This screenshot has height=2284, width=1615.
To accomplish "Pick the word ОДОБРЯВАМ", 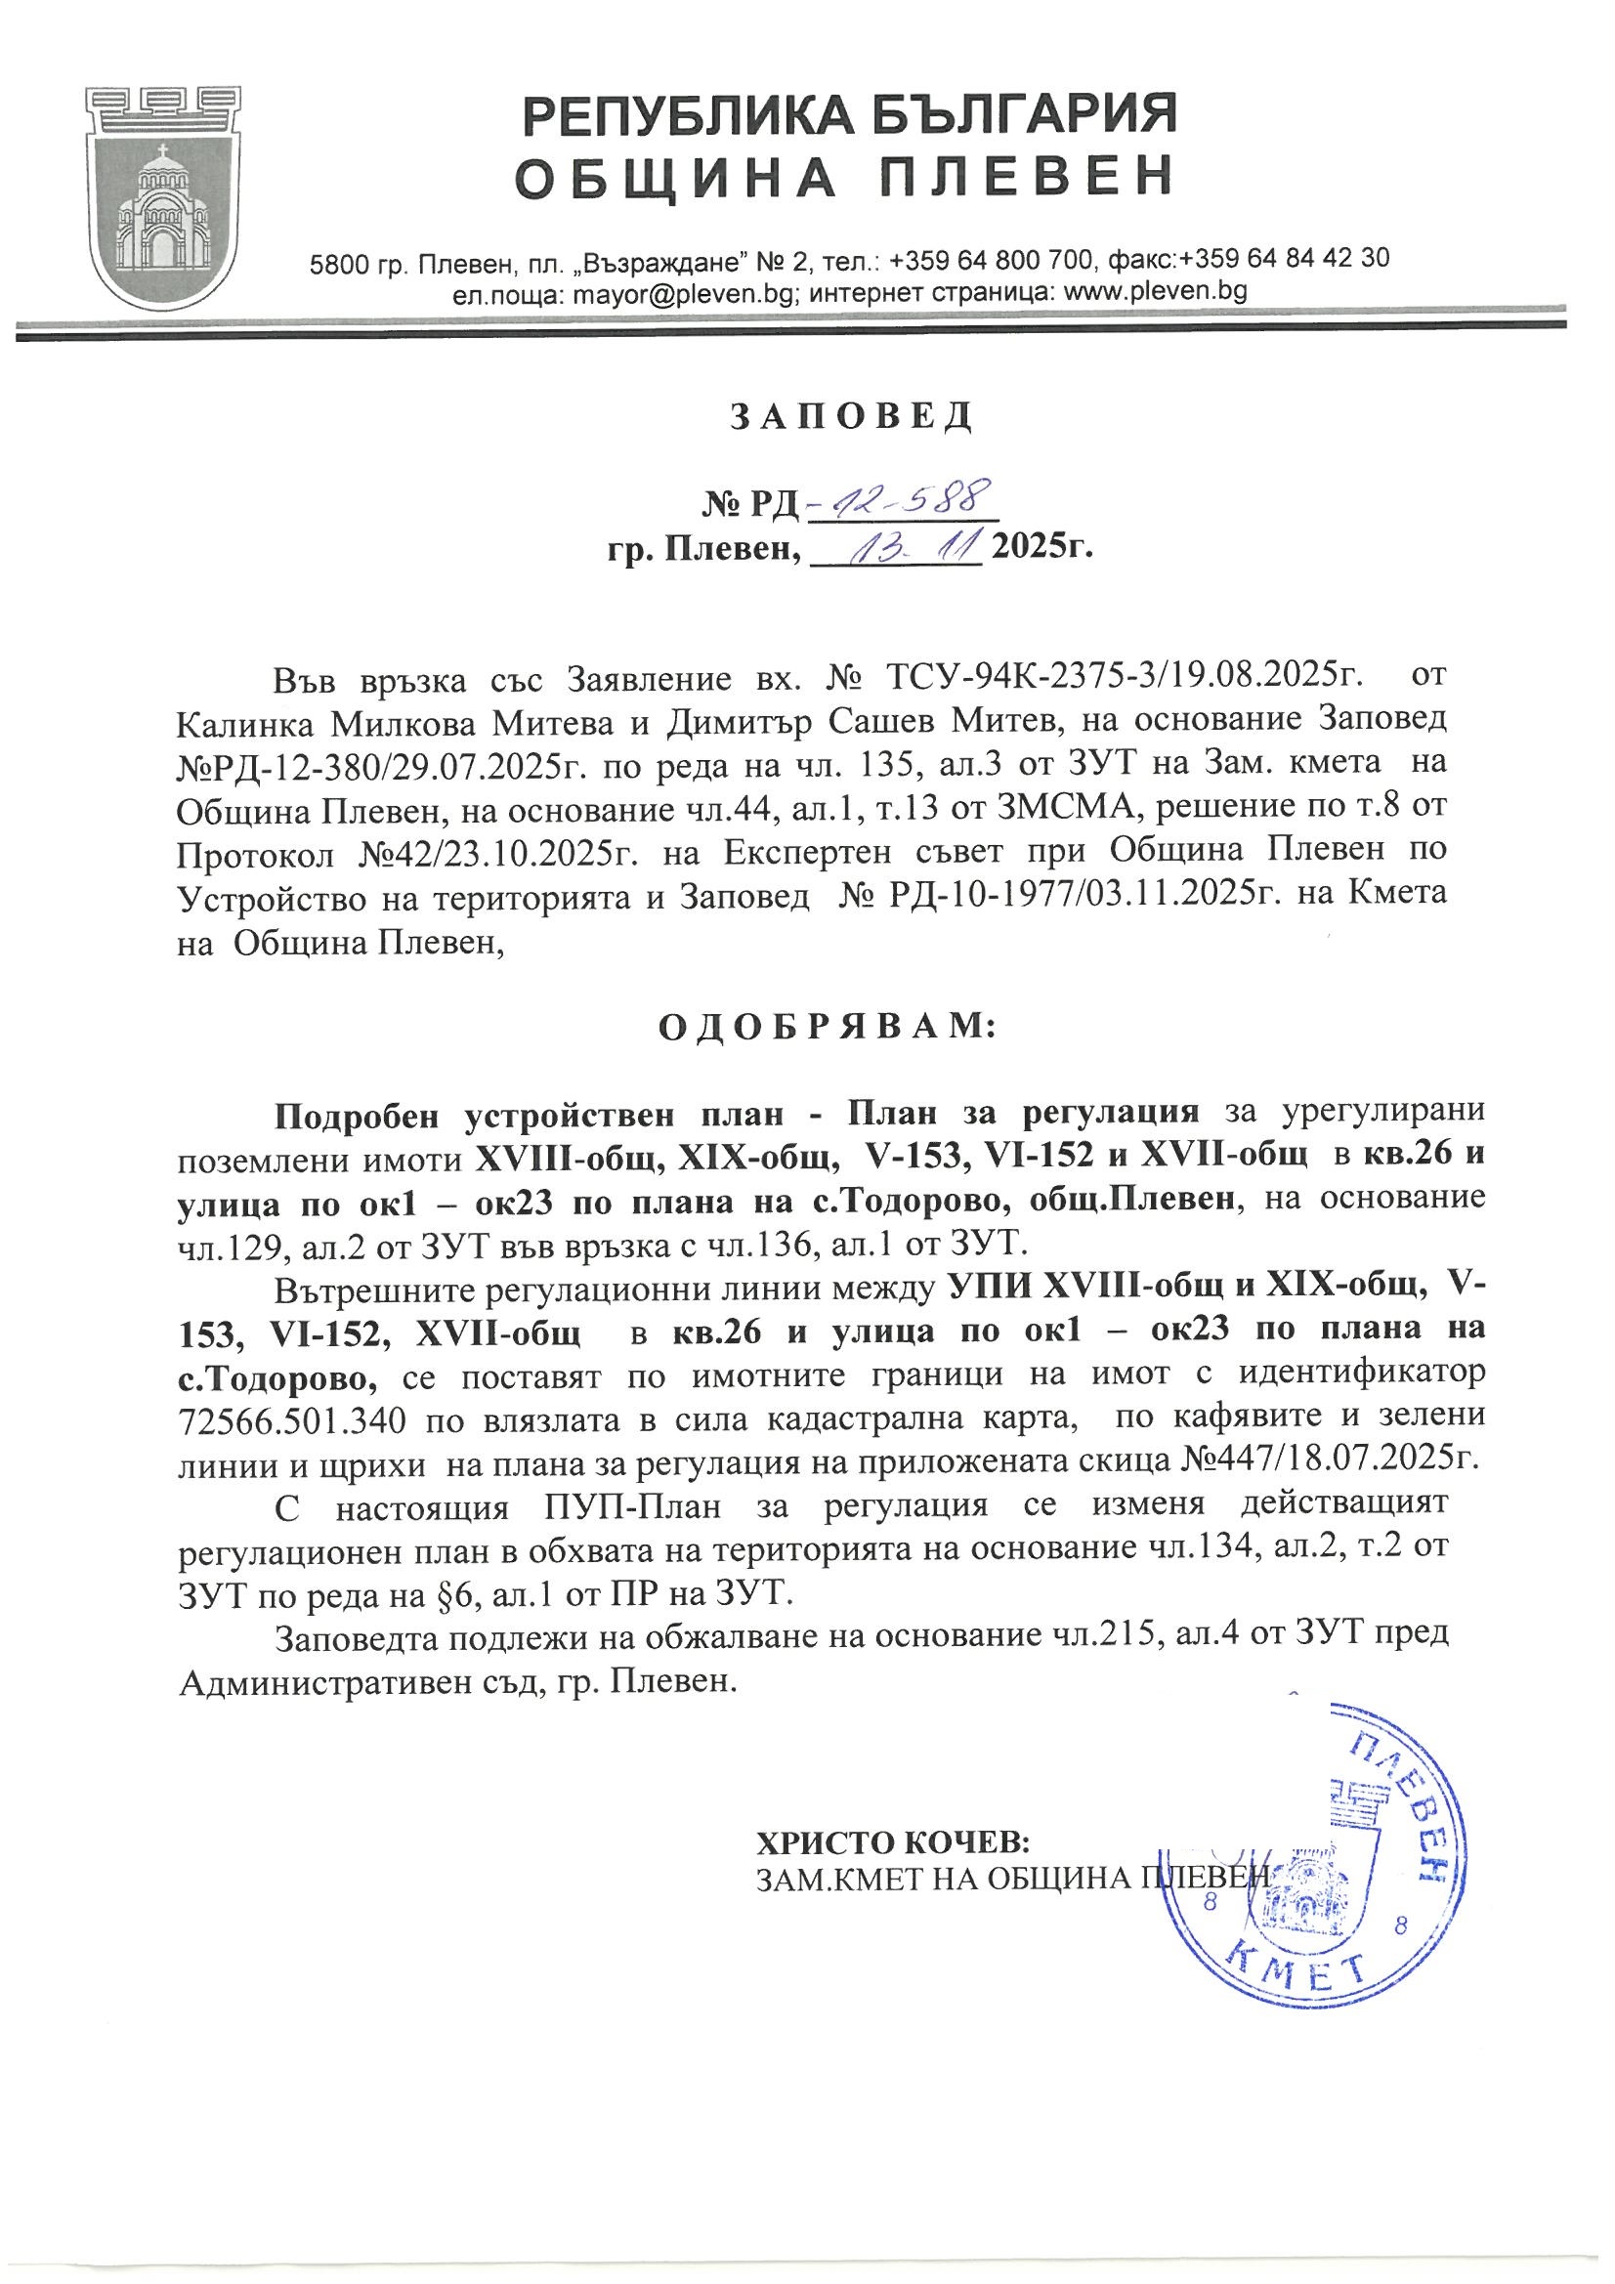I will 825,1027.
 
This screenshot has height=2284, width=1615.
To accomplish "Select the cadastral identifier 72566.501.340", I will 290,1422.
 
